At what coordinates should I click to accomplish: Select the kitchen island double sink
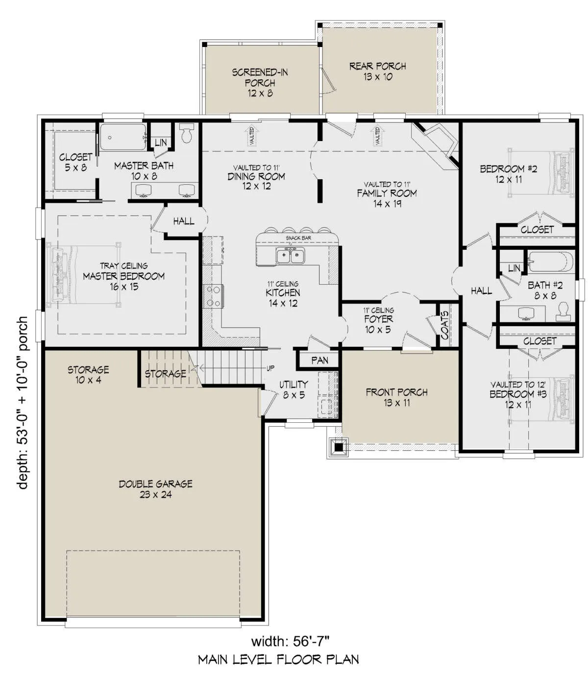coord(291,256)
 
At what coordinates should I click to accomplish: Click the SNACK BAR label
coord(298,238)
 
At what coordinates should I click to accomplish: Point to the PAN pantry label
coord(319,361)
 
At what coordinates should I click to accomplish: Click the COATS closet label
coord(444,325)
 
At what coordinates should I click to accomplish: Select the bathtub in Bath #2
coord(551,262)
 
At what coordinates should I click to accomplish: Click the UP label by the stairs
coord(270,368)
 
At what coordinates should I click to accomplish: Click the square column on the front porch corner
coord(339,446)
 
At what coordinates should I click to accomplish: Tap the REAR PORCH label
coord(377,66)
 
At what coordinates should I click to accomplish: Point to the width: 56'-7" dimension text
coord(290,641)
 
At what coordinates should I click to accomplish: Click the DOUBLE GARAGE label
coord(155,484)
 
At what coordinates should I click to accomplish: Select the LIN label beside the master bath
coord(161,143)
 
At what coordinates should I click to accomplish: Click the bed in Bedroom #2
coord(541,172)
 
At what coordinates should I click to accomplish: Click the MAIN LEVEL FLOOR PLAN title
coord(279,659)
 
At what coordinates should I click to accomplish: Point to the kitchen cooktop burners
coord(213,296)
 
